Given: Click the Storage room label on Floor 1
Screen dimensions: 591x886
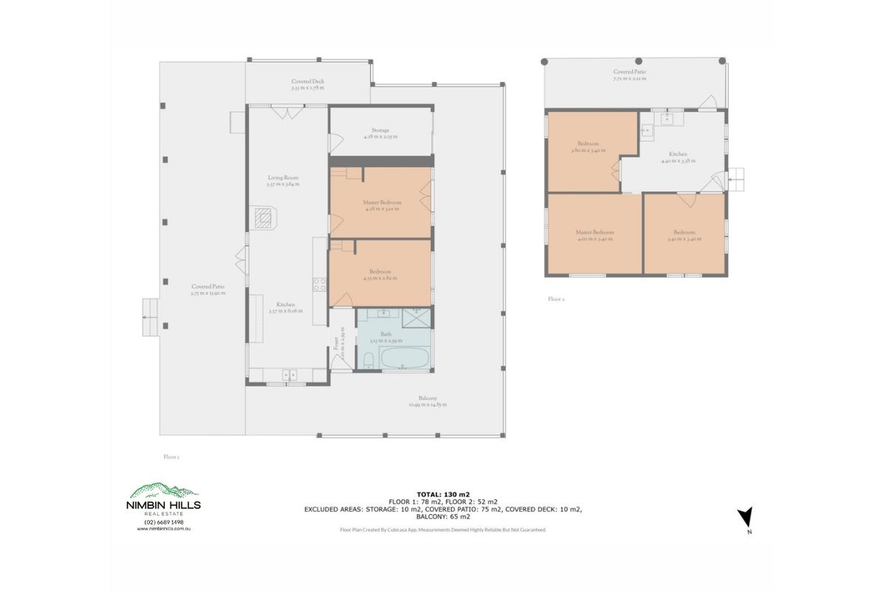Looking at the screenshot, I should point(380,133).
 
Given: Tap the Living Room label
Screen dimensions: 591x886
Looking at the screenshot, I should point(283,181).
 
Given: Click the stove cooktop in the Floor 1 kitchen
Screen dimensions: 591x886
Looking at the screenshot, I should point(320,284).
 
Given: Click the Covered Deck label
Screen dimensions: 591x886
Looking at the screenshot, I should point(307,84).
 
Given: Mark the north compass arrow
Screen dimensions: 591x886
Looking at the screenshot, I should point(746,518).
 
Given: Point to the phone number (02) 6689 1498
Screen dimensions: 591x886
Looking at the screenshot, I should point(164,522).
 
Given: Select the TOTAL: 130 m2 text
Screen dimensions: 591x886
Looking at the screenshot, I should point(443,493).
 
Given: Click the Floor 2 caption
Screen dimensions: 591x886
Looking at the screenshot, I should point(556,299).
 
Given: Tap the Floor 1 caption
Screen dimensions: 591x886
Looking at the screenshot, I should point(171,457).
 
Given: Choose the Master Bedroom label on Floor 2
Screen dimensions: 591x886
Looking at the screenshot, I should point(594,235).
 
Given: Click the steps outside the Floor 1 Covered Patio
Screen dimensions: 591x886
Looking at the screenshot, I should point(149,317).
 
